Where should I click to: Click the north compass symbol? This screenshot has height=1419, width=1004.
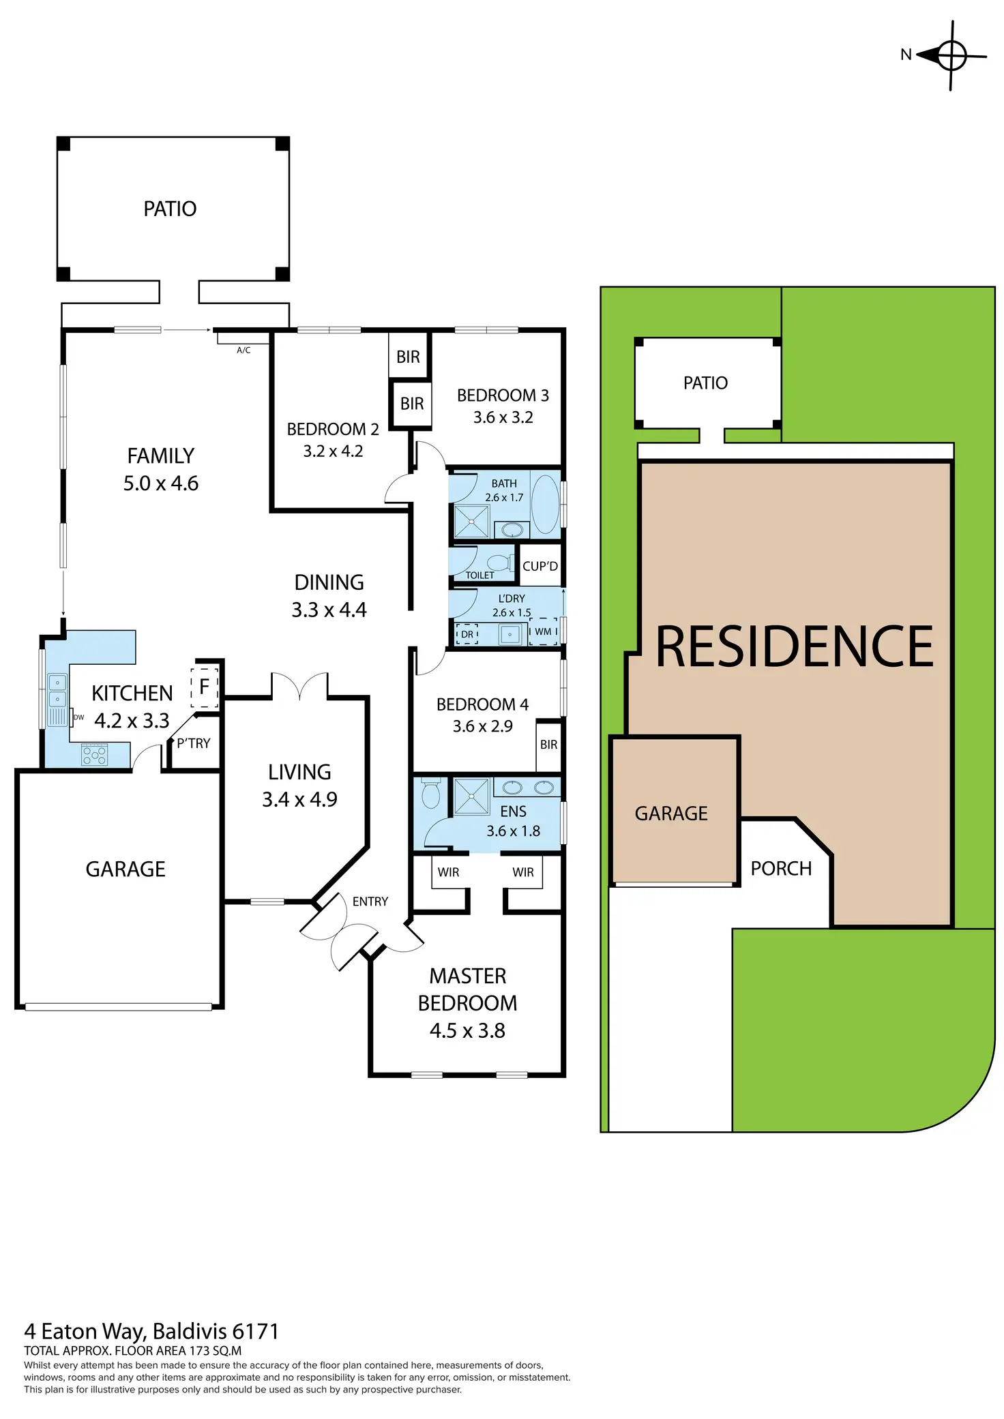point(951,55)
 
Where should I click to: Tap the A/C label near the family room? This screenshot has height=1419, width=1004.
point(243,350)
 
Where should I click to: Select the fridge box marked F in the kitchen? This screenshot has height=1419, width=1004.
point(204,687)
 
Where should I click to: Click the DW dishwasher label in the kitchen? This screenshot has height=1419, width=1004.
point(78,717)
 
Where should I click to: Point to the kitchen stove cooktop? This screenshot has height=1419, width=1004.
point(94,755)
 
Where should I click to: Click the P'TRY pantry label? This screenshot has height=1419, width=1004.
point(194,743)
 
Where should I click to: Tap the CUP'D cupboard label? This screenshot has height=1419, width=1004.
point(540,567)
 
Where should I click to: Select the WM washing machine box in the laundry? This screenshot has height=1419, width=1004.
point(543,632)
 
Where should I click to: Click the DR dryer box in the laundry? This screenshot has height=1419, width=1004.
point(467,634)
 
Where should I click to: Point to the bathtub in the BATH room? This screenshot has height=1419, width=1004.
point(544,504)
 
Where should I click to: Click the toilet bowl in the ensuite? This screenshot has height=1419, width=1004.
point(430,794)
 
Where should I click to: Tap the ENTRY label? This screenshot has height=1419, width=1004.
point(370,901)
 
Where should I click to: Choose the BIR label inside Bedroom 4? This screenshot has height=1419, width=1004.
point(548,745)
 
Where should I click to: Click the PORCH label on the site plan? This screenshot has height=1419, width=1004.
point(781,869)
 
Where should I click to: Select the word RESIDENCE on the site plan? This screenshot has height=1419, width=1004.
point(794,647)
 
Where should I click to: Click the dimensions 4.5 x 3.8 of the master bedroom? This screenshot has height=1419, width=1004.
point(467,1030)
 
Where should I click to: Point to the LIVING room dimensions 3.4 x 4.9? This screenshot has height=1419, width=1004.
point(299,799)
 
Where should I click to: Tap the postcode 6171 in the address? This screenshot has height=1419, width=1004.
point(256,1331)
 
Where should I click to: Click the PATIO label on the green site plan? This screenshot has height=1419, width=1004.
point(705,383)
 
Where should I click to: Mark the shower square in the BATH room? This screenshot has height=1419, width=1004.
point(471,522)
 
